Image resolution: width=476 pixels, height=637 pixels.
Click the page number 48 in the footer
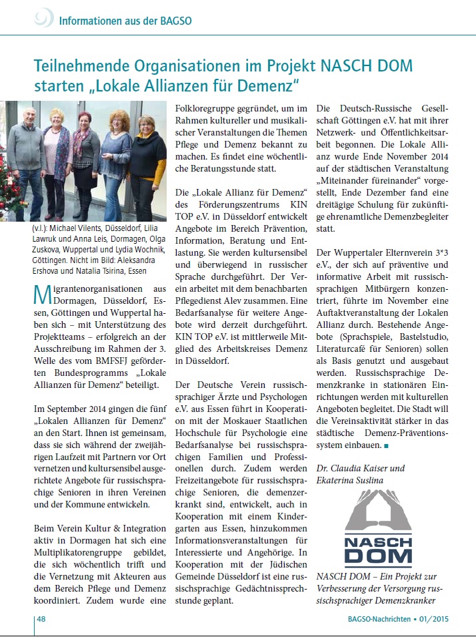(x=40, y=621)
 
